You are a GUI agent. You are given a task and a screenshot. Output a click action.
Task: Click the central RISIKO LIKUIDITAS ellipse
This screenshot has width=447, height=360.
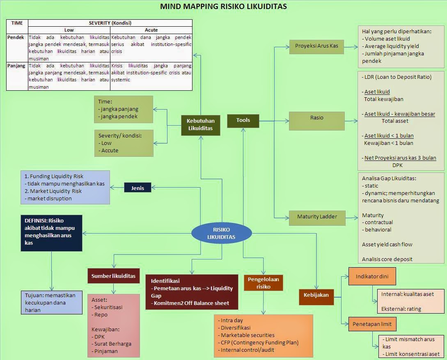coord(221,233)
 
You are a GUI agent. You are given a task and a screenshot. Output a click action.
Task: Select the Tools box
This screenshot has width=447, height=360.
coord(243,120)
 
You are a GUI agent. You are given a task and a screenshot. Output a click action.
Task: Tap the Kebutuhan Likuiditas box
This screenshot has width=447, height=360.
coord(201,125)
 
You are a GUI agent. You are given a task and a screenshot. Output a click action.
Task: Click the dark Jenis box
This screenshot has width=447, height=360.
coord(138,188)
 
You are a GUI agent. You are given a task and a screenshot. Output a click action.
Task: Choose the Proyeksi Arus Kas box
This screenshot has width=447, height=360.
coord(316,46)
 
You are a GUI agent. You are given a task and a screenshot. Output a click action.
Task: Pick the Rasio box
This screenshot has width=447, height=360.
coord(316,118)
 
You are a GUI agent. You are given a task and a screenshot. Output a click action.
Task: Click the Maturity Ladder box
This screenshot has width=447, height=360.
coord(316,216)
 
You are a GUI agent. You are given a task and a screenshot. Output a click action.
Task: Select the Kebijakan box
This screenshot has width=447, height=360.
coord(316,295)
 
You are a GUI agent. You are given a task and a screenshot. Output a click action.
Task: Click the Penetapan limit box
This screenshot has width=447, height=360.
coord(372,324)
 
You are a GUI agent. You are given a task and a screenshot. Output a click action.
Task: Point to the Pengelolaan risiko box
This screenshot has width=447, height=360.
coord(264,283)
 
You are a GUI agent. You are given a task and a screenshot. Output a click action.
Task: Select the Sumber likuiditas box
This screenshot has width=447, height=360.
coord(113,276)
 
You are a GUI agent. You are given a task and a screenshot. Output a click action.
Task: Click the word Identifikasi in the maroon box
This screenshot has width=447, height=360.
coord(165,281)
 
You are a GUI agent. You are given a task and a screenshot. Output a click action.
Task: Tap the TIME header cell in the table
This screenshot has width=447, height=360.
coord(17,23)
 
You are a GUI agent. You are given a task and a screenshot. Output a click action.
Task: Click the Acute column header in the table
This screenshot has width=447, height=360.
coord(151,30)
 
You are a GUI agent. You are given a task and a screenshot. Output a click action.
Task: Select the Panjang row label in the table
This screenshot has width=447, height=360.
coord(16,66)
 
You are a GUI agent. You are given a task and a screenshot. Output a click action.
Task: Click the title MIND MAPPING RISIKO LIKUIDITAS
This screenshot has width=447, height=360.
coord(223,7)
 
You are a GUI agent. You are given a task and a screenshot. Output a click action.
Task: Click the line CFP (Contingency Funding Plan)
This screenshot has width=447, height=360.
coord(259,342)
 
